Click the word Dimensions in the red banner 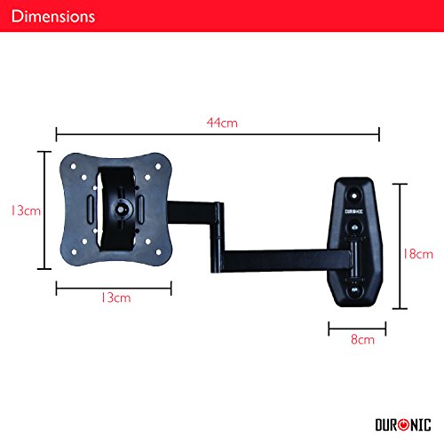(x=53, y=16)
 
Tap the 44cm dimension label (x=222, y=123)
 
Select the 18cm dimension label (x=418, y=254)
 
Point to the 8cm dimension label (x=362, y=339)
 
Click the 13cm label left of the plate (x=26, y=210)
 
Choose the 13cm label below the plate (x=115, y=297)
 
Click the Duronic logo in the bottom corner (x=403, y=424)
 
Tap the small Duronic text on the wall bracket (x=353, y=211)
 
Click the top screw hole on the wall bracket (x=353, y=195)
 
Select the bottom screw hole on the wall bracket (x=354, y=290)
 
